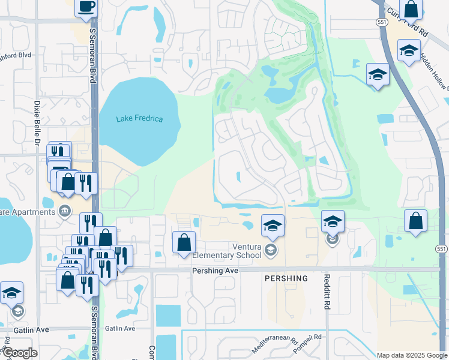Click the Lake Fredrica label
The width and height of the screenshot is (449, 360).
pos(139,119)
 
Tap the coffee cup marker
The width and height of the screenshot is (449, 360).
pos(86,7)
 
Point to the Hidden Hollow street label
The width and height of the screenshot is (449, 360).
pos(434,71)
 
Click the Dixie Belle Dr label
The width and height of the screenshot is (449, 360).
pos(37,119)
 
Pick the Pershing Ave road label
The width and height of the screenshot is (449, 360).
pos(215,271)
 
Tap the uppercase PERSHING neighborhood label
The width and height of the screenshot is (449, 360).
pos(286,278)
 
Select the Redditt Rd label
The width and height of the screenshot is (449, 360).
pos(327,292)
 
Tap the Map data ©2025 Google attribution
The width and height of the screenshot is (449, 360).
pos(411,355)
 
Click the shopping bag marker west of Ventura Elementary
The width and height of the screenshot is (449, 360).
pos(184,242)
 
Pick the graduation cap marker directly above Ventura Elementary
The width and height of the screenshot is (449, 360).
pos(273,226)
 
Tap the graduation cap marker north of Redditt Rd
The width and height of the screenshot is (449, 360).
pos(333,221)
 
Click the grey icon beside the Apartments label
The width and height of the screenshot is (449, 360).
pos(65,211)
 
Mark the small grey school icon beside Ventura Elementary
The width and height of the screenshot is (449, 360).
pos(270,250)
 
